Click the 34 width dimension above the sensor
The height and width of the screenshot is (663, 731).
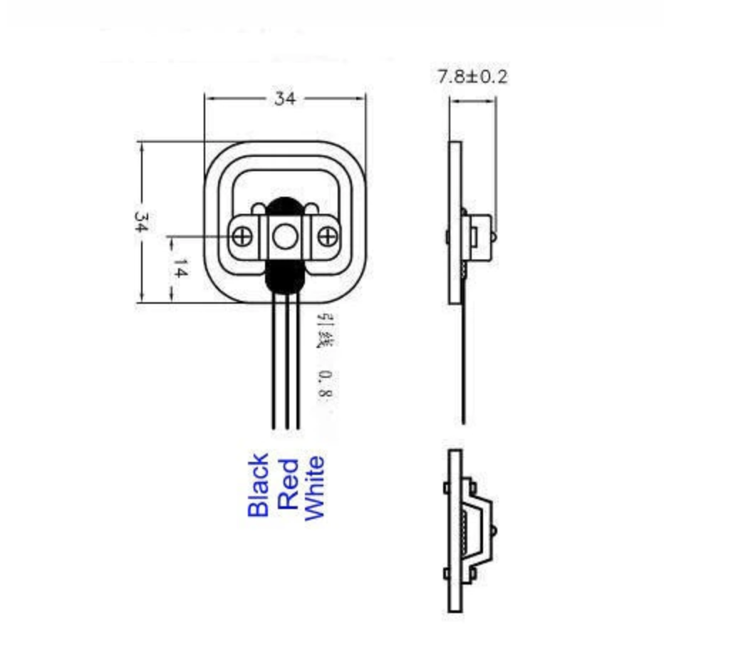(285, 99)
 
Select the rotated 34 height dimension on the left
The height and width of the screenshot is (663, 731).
(141, 222)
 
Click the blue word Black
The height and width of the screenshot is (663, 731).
(259, 485)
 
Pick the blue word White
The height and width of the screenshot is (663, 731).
(314, 488)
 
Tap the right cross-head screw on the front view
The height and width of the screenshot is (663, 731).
(327, 236)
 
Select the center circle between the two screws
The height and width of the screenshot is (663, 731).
(285, 237)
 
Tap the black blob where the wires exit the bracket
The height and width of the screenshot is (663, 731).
(285, 277)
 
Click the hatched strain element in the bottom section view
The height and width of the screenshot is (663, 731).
(467, 530)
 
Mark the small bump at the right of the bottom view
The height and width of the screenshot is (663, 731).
(494, 530)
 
